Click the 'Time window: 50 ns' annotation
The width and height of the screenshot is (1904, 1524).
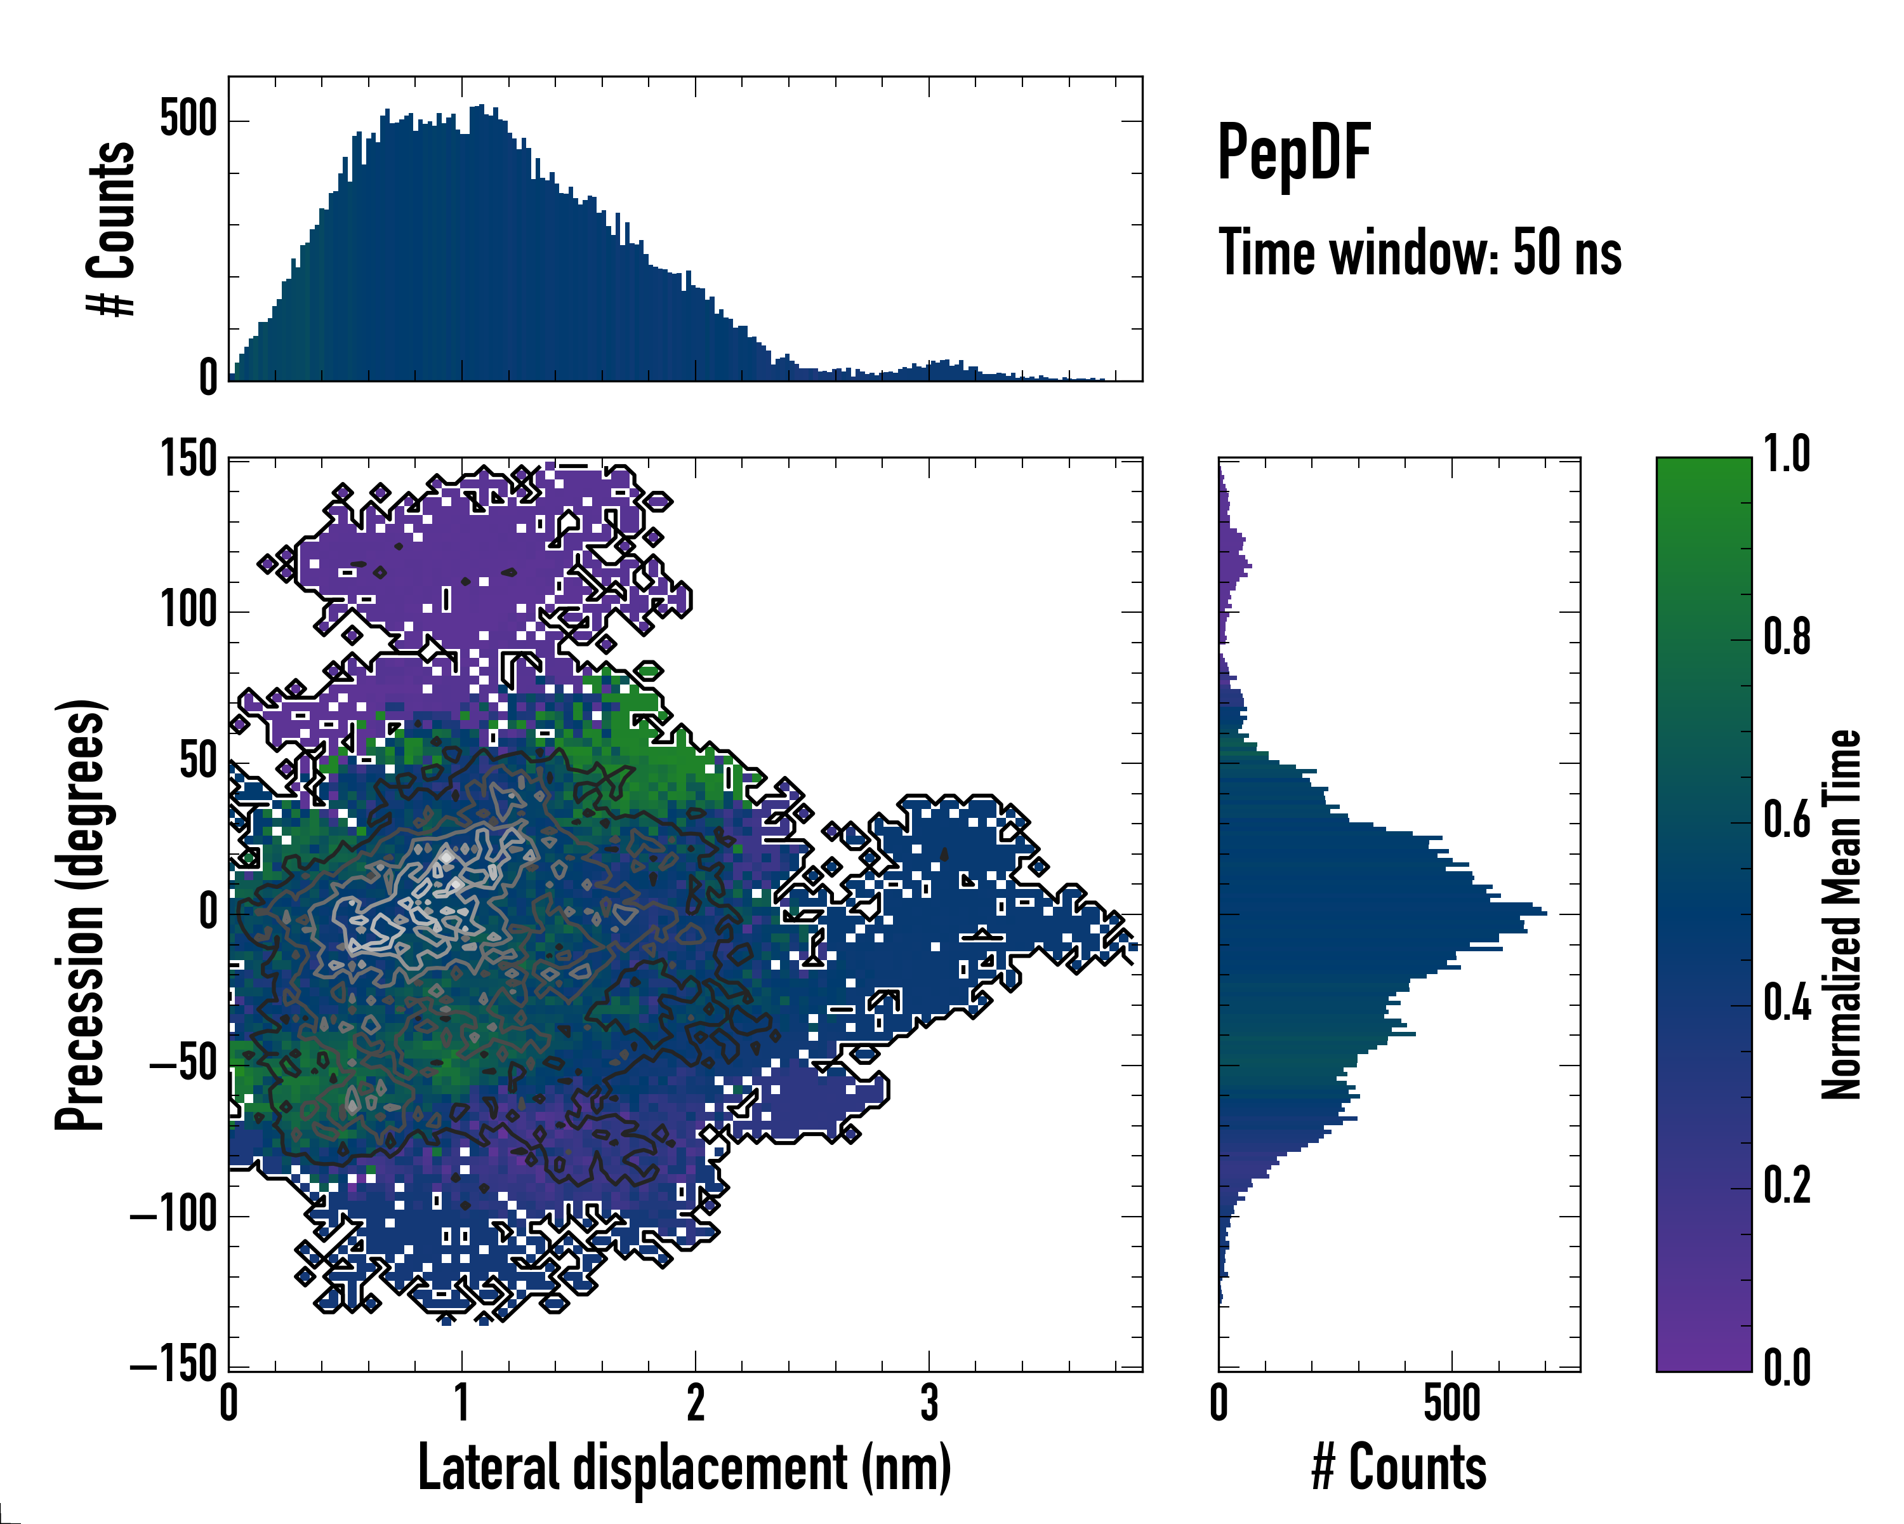coord(1419,253)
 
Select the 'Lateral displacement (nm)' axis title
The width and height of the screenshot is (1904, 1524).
coord(684,1467)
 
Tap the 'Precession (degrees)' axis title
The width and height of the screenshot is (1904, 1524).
coord(81,914)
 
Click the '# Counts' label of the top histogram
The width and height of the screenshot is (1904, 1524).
coord(111,229)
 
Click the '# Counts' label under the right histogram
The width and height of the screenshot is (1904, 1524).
coord(1399,1467)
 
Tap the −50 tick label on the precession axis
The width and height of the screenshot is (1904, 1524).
coord(183,1065)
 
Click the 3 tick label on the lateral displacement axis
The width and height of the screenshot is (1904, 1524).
coord(929,1404)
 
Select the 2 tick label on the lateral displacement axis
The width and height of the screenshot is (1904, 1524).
coord(696,1404)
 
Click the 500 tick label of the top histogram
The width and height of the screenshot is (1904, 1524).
coord(188,119)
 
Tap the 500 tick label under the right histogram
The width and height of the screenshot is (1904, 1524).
coord(1452,1404)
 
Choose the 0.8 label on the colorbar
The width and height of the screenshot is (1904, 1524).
coord(1787,638)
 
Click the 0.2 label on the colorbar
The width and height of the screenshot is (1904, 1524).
coord(1787,1186)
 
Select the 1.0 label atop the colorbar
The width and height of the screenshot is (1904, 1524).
coord(1787,455)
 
